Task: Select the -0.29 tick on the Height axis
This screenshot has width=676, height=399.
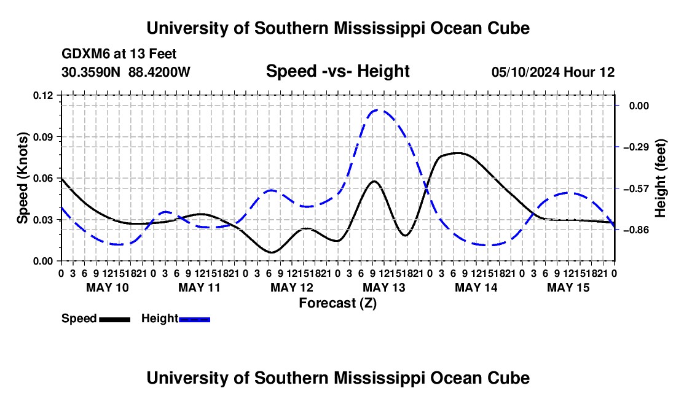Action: pos(636,147)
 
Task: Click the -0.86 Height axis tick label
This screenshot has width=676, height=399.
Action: pos(636,230)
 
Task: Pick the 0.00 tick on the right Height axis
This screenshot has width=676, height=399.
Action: pos(639,106)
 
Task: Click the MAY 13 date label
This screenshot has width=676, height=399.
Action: pos(384,287)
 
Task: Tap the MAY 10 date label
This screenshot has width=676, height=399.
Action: pos(108,287)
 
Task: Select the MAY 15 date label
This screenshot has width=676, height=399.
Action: pos(568,287)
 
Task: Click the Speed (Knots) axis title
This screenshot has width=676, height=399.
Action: pos(22,178)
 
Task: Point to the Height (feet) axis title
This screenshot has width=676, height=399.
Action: pos(660,178)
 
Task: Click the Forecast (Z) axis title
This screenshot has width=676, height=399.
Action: pos(338,303)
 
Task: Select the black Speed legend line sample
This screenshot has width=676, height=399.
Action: pos(115,319)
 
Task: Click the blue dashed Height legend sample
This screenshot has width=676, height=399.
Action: pos(194,319)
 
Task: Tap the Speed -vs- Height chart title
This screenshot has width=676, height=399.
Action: pos(337,71)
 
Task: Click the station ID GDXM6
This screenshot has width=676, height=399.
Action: pos(87,54)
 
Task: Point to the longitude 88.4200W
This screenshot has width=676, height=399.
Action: pos(159,72)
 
